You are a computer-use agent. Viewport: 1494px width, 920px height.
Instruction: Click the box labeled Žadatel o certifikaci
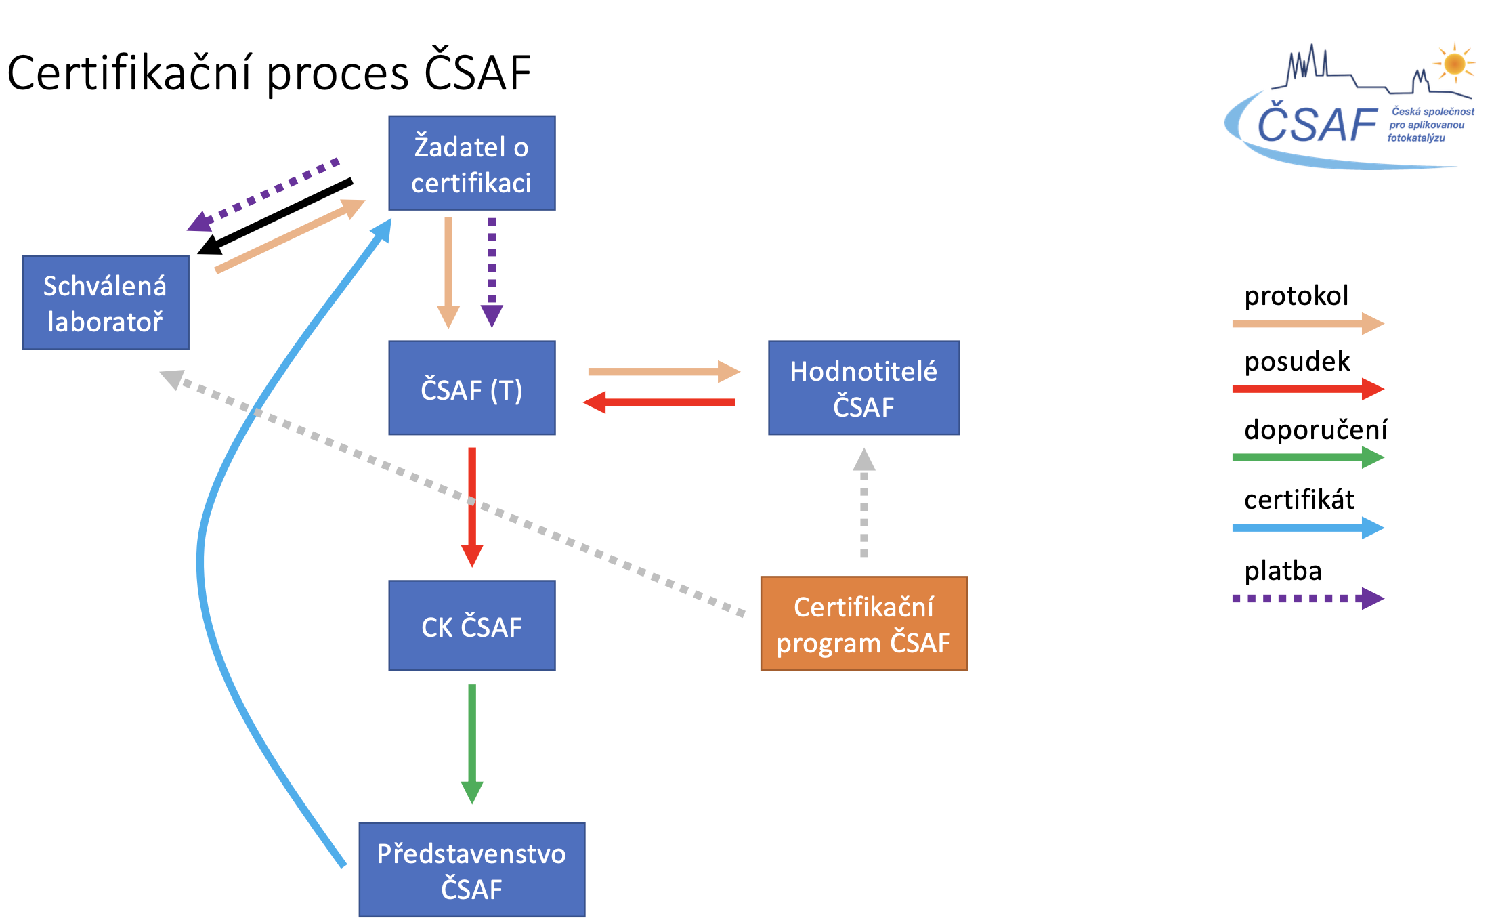click(472, 163)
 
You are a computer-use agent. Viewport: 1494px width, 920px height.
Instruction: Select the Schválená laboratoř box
click(106, 303)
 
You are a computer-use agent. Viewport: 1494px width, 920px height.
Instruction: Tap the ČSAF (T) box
click(472, 388)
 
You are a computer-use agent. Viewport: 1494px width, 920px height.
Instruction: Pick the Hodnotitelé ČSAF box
click(864, 388)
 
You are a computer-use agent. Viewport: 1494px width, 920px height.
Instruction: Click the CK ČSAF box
click(472, 625)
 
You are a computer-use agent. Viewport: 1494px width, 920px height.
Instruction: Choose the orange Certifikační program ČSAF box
click(864, 623)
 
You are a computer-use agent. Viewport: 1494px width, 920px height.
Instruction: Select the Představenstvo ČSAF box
click(472, 870)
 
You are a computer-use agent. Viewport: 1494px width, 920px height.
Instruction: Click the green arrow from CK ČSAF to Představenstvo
click(472, 744)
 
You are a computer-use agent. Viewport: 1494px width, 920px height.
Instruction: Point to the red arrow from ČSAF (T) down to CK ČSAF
click(472, 507)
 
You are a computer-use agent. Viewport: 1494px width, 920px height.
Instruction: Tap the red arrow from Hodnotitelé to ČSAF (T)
click(659, 402)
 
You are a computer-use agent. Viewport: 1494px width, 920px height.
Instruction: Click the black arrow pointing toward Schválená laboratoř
click(275, 217)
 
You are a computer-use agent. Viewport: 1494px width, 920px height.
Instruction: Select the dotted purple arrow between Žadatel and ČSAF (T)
click(492, 273)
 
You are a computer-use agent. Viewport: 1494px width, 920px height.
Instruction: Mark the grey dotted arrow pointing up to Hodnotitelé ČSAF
click(864, 503)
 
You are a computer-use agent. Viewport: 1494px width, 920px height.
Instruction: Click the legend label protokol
click(1296, 295)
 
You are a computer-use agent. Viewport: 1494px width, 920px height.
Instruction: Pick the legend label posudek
click(1297, 361)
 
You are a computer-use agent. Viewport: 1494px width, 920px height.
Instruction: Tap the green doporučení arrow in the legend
click(1308, 457)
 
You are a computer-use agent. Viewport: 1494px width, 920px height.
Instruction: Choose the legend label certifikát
click(1299, 499)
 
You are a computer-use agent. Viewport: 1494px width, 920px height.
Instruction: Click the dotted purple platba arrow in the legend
click(1308, 598)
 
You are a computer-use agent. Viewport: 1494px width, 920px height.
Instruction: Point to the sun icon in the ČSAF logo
click(1454, 64)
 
